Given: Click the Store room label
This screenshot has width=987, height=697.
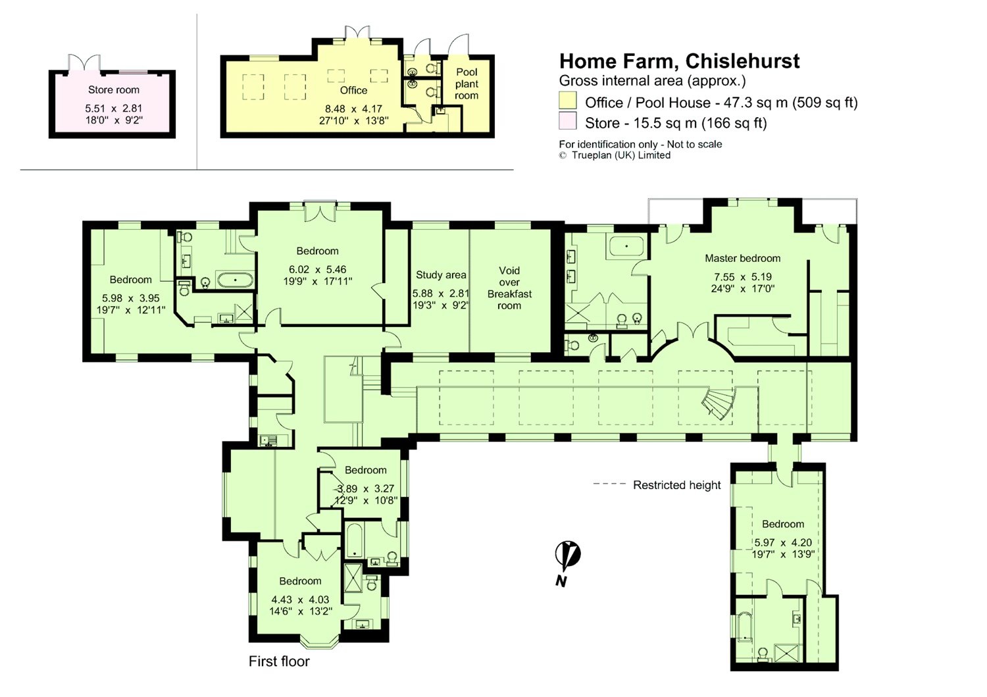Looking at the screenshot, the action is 114,90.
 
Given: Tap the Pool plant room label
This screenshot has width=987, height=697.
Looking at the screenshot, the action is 467,84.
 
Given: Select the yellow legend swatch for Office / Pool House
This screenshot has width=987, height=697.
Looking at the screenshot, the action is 567,100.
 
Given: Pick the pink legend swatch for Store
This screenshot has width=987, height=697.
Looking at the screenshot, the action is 567,121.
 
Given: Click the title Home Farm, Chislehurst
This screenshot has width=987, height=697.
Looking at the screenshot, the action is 680,61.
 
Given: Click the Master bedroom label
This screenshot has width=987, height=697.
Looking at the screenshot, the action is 742,259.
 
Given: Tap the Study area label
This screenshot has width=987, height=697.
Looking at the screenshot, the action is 441,275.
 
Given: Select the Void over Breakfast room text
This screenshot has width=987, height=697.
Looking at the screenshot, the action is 509,288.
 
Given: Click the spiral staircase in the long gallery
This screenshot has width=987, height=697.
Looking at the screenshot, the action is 718,403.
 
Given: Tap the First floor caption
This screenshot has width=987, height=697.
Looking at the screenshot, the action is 279,661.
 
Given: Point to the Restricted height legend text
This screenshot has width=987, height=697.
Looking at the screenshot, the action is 677,485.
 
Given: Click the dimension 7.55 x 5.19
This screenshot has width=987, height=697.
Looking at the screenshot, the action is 742,277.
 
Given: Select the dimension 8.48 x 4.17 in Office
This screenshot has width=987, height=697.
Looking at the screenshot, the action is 353,109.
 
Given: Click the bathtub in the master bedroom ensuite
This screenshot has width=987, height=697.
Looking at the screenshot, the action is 626,247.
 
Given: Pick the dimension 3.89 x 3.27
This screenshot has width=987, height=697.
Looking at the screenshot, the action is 366,489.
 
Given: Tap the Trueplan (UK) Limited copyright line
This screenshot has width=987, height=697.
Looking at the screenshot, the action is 615,155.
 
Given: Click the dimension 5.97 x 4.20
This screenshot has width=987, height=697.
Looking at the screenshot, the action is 782,543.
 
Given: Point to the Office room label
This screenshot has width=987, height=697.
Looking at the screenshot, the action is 353,90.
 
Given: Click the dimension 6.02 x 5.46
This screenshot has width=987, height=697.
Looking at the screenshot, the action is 317,269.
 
